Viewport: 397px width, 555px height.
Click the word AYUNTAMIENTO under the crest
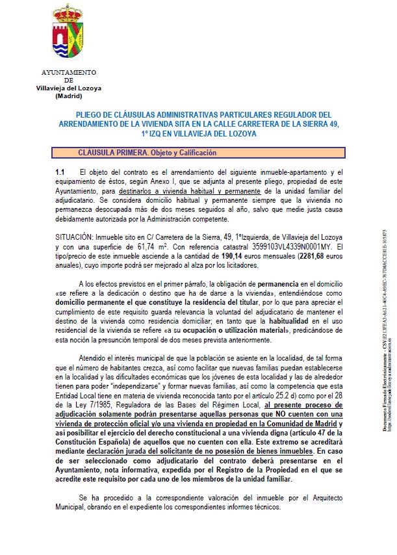[69, 73]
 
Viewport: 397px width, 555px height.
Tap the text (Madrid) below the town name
[69, 96]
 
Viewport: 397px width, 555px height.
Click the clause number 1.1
[60, 172]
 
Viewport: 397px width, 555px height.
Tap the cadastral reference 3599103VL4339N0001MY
[288, 248]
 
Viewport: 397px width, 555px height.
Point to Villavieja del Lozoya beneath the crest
[69, 88]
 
